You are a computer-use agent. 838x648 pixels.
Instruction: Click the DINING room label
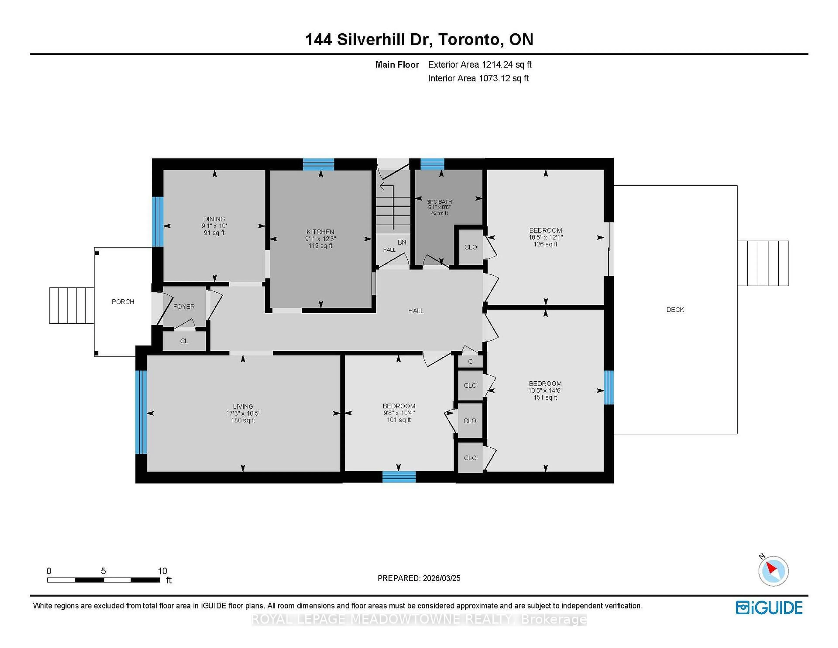[x=214, y=219]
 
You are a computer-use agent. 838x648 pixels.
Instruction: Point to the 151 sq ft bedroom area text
[x=545, y=397]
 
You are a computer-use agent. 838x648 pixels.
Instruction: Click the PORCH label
[x=123, y=302]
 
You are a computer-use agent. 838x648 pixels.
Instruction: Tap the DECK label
[x=675, y=309]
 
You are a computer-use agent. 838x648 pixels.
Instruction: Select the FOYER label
[x=184, y=306]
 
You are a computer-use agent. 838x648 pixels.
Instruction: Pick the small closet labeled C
[x=470, y=362]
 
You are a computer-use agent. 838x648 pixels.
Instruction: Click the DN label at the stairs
[x=402, y=242]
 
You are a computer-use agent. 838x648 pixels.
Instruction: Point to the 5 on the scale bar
[x=103, y=571]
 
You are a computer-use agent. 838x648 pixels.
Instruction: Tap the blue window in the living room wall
[x=141, y=412]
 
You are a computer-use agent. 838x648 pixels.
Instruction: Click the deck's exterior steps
[x=763, y=263]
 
